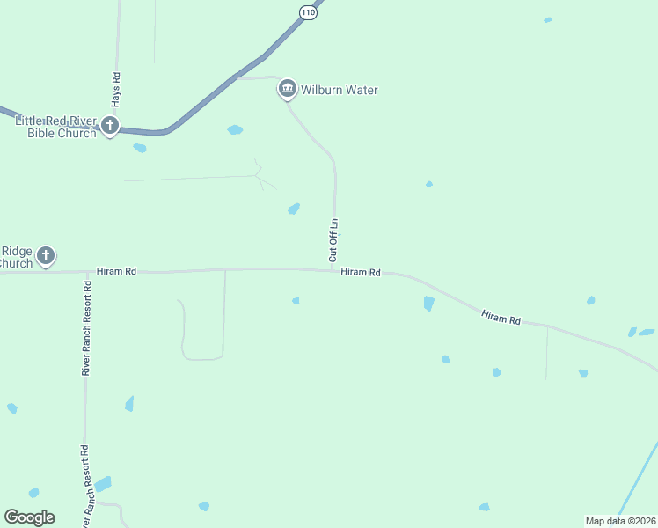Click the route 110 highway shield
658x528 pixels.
[x=306, y=11]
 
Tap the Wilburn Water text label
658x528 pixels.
[x=340, y=90]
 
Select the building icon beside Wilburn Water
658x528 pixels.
[x=287, y=89]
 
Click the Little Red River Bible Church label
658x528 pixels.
[x=55, y=127]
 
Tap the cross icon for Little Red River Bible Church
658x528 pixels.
[x=110, y=126]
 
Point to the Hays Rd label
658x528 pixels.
[x=116, y=90]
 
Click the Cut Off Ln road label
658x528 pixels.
[x=333, y=240]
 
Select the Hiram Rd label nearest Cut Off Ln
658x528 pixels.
[x=361, y=273]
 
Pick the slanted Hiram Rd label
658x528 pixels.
[x=501, y=317]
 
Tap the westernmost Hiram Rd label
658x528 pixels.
[x=117, y=272]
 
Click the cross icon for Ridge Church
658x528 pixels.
[x=46, y=256]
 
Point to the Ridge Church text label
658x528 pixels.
[x=16, y=257]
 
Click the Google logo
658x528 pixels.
[x=29, y=517]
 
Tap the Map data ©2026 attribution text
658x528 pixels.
[x=620, y=521]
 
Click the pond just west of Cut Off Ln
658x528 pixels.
[x=294, y=209]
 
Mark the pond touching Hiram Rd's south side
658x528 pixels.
[x=428, y=304]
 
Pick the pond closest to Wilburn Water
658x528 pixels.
[x=235, y=130]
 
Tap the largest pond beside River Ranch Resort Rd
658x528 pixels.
[x=103, y=484]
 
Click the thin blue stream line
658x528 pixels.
[x=638, y=480]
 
